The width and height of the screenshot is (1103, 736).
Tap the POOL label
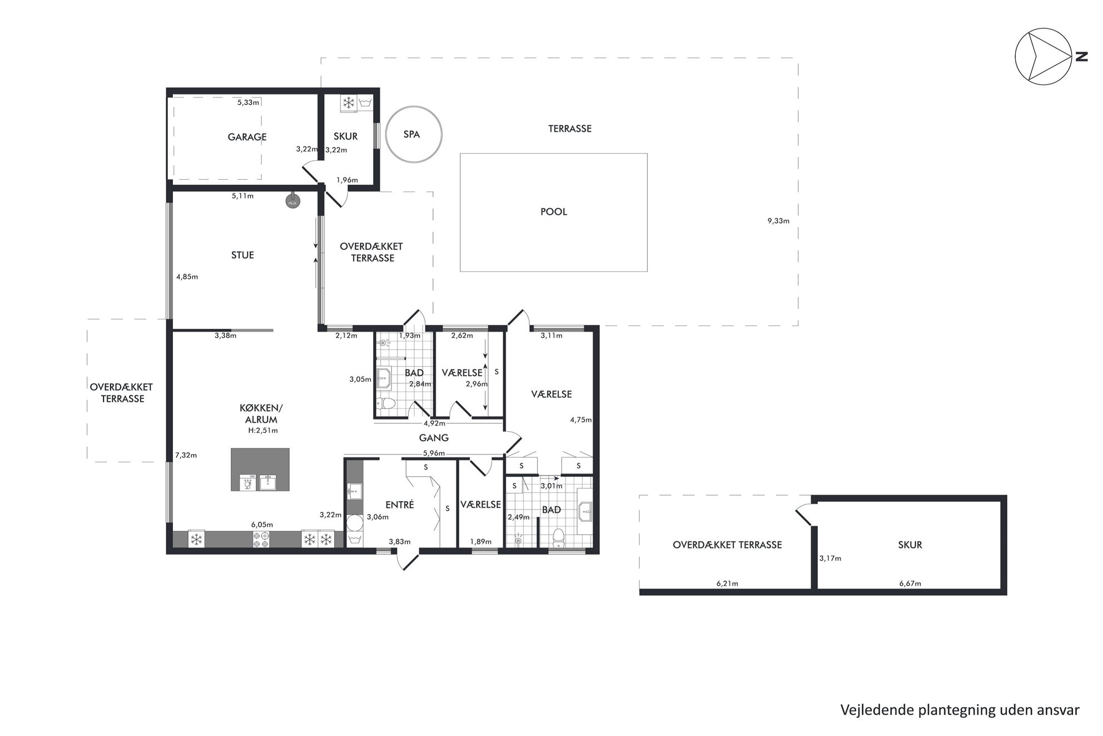point(554,212)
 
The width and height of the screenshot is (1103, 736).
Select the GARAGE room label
point(247,137)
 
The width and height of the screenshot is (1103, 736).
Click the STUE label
point(242,255)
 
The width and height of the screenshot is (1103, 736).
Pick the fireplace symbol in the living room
point(292,201)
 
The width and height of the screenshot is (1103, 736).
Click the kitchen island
point(260,470)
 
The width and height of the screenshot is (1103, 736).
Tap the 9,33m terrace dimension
point(778,221)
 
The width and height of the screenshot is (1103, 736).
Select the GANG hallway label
point(434,438)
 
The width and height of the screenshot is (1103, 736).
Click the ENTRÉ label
point(400,505)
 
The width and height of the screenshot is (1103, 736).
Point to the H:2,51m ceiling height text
point(263,431)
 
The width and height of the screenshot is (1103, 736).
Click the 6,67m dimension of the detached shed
point(910,584)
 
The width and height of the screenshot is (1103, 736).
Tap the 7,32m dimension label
point(186,455)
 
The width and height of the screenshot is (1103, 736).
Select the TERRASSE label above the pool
point(570,129)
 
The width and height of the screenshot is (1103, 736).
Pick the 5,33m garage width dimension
point(248,102)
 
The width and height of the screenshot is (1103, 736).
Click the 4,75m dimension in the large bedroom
point(580,420)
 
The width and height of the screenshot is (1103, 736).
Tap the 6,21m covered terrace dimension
point(727,584)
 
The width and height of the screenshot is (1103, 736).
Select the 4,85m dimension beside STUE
point(187,276)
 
